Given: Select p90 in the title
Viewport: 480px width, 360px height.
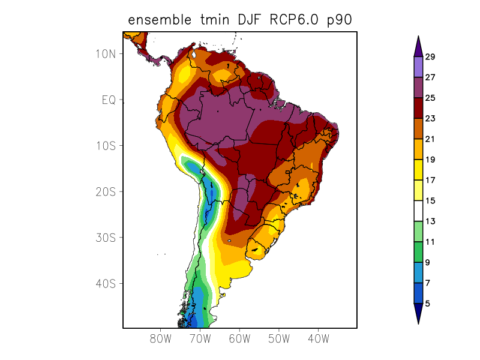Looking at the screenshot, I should click(x=338, y=21).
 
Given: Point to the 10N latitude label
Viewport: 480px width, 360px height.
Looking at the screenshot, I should click(x=105, y=53).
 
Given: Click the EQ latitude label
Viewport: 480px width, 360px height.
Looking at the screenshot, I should click(x=108, y=100).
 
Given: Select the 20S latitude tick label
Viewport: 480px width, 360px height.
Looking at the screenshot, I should click(x=105, y=191).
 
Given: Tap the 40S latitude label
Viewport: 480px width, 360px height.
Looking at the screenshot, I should click(x=105, y=283).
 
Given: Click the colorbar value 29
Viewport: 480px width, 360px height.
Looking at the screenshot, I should click(x=430, y=57).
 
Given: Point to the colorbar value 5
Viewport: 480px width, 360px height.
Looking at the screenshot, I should click(x=427, y=304).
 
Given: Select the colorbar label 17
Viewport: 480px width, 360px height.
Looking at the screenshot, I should click(x=430, y=180).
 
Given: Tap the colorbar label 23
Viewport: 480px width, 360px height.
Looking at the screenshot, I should click(x=430, y=119).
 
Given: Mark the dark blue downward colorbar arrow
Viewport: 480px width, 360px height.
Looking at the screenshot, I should click(x=418, y=313).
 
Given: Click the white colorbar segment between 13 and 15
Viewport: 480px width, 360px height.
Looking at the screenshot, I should click(x=418, y=211).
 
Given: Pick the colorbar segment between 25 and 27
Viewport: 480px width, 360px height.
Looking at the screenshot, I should click(x=418, y=88).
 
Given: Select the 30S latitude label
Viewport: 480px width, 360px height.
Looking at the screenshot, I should click(x=105, y=238).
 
